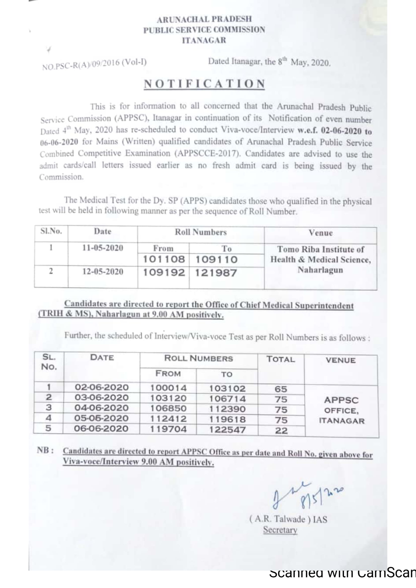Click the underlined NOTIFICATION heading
click(204, 84)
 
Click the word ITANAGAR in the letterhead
click(204, 40)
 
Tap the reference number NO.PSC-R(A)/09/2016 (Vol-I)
click(94, 64)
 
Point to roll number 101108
click(164, 259)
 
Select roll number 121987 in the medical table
click(216, 273)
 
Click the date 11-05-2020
click(102, 248)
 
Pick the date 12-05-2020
click(102, 272)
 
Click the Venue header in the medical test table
click(320, 233)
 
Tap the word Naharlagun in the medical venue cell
click(320, 270)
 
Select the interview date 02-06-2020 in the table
click(101, 387)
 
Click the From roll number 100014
click(168, 388)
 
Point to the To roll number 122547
click(227, 429)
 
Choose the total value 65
click(281, 389)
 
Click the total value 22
click(281, 430)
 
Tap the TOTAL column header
click(281, 359)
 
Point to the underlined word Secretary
click(280, 530)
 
